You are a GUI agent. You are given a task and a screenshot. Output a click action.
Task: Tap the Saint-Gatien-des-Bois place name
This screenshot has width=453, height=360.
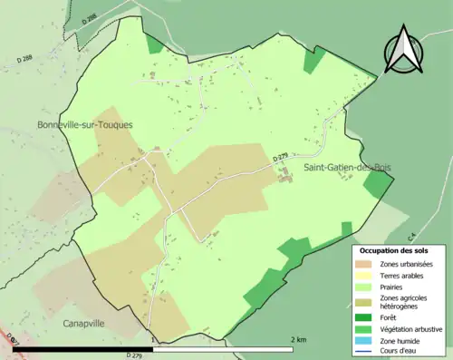click(x=347, y=168)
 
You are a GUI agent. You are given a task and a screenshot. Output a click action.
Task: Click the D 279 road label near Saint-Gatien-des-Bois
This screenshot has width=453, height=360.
click(x=280, y=157)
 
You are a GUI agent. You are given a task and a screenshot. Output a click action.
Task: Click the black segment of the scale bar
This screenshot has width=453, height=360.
click(x=87, y=347)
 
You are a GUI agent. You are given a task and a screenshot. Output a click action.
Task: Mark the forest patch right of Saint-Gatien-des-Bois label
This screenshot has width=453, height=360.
click(x=376, y=185)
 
